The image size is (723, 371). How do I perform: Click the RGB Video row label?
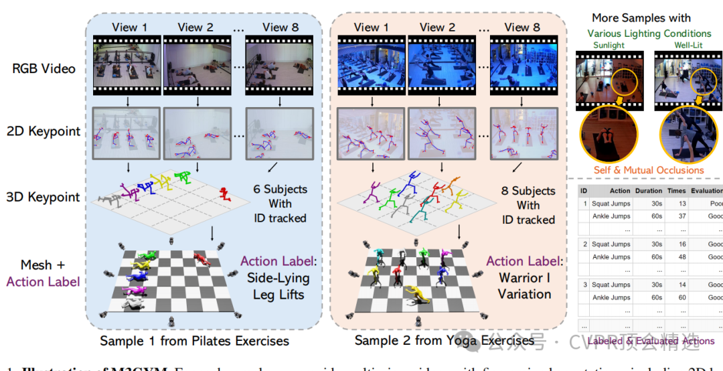click(x=44, y=68)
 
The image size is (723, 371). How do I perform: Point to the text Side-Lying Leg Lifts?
click(x=278, y=287)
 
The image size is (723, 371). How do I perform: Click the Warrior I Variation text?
click(x=524, y=285)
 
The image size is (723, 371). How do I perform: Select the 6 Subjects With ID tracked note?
click(x=279, y=204)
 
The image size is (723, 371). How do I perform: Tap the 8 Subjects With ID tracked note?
click(x=528, y=205)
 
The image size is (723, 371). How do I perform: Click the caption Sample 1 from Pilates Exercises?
click(x=195, y=341)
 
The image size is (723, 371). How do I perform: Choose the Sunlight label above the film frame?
click(x=609, y=46)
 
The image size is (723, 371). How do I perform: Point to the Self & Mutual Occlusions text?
click(x=648, y=170)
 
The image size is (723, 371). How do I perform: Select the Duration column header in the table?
click(x=649, y=191)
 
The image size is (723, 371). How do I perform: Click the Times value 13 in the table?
click(x=681, y=204)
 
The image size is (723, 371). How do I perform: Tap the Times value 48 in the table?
click(x=681, y=257)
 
